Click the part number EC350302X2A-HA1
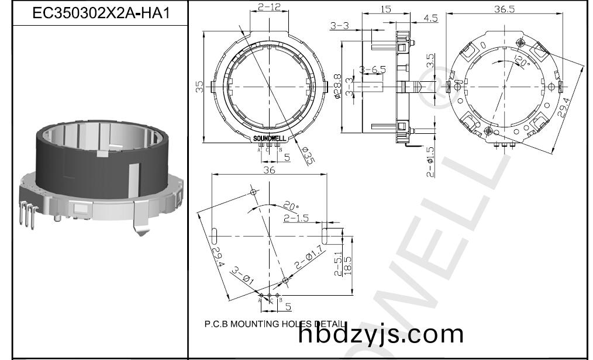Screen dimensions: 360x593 [x=100, y=13]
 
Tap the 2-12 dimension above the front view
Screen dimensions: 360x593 [x=268, y=7]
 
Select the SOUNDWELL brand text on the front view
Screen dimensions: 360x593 [x=270, y=139]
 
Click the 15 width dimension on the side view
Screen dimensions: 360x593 [x=385, y=9]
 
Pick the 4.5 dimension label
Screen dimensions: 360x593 [x=430, y=18]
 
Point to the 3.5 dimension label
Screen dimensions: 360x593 [x=430, y=60]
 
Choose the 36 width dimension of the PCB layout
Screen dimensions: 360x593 [x=270, y=170]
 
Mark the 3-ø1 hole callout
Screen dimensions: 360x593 [x=241, y=275]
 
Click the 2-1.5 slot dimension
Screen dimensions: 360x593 [x=295, y=218]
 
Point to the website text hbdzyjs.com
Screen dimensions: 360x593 [x=381, y=334]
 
